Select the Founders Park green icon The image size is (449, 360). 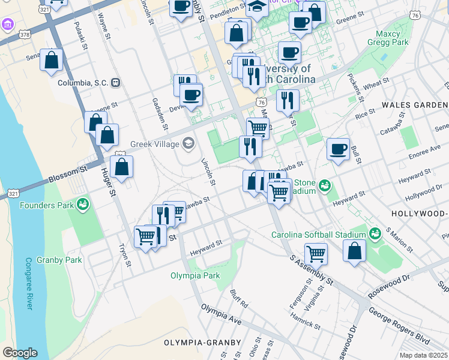tap(83, 205)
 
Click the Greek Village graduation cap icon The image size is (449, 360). tap(189, 143)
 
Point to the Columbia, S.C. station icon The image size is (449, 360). tap(116, 83)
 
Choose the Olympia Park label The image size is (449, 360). tap(195, 276)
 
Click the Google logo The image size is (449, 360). tap(19, 353)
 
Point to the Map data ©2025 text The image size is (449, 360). tap(423, 355)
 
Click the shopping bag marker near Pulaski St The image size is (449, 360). tap(52, 60)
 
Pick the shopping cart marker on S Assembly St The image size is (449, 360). tap(316, 254)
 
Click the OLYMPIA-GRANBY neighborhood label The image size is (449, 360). tap(202, 343)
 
